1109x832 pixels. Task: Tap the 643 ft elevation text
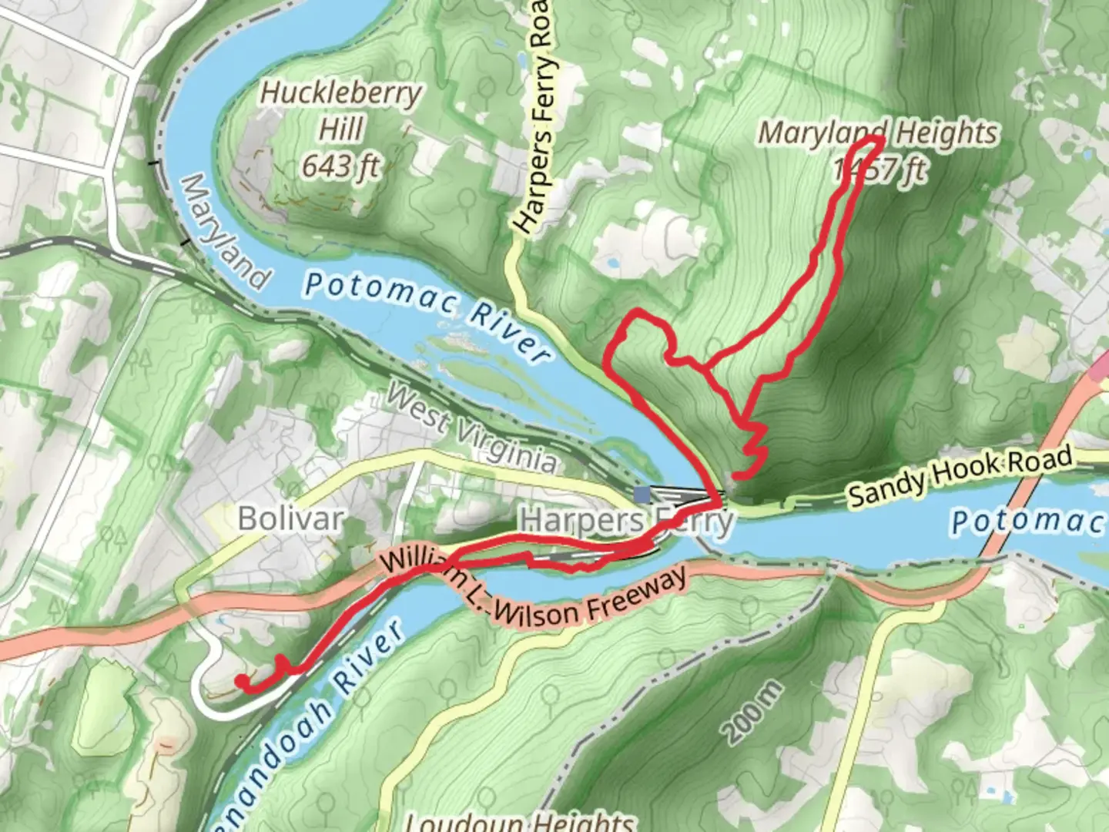click(x=340, y=165)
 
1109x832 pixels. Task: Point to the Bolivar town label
click(x=290, y=518)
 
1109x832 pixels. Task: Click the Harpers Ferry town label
click(x=627, y=522)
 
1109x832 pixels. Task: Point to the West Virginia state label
click(x=471, y=428)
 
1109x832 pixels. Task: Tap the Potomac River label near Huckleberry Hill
click(x=428, y=317)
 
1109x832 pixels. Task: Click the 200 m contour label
click(x=754, y=712)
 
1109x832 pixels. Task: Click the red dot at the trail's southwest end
click(x=243, y=680)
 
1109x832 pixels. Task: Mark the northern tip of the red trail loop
click(x=876, y=139)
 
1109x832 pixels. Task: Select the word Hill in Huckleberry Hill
click(x=340, y=129)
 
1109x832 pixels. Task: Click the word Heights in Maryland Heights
click(x=947, y=133)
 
